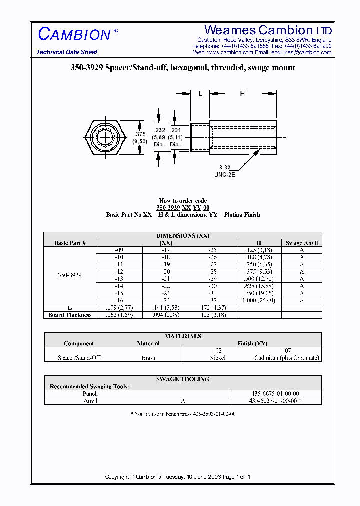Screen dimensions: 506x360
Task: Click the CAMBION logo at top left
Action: click(74, 34)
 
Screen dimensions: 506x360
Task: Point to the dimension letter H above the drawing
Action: click(242, 93)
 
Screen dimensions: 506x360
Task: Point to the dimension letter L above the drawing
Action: click(200, 93)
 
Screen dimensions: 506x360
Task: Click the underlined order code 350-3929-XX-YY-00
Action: click(183, 208)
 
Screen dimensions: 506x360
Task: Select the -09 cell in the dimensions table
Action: click(119, 249)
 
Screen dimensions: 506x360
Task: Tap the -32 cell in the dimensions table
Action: click(213, 301)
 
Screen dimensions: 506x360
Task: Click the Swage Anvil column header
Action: click(301, 243)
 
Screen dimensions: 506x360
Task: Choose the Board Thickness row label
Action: click(70, 315)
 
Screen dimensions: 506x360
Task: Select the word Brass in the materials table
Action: click(148, 358)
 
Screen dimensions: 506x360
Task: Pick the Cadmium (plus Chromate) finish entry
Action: click(287, 358)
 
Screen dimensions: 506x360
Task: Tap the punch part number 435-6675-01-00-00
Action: click(275, 393)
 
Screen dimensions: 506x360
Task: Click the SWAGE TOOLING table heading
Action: click(183, 379)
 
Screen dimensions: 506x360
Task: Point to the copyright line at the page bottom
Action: click(178, 477)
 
